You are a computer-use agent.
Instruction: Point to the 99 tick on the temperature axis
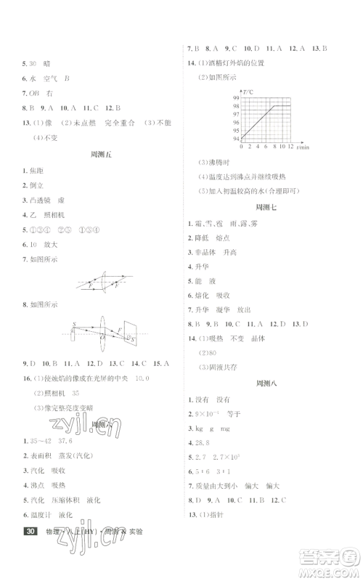tap(237, 98)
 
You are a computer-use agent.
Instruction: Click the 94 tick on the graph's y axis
tap(237, 137)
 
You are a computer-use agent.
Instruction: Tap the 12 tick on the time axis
tap(291, 147)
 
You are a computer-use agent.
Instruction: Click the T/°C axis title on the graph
tap(248, 91)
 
